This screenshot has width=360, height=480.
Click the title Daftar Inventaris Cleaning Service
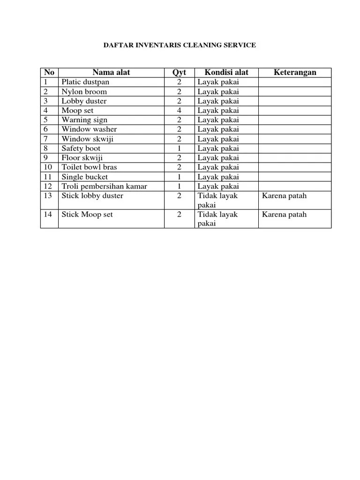tap(180, 45)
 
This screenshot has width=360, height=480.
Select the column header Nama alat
tap(111, 72)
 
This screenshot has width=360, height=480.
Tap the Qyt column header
tap(179, 72)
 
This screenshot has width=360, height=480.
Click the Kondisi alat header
tap(226, 72)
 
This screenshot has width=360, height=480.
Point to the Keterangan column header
tap(295, 72)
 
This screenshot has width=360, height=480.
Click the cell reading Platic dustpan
tap(85, 82)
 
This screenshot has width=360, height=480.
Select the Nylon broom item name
tap(84, 91)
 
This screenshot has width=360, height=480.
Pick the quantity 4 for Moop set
tap(179, 111)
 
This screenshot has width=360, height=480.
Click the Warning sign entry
tap(85, 120)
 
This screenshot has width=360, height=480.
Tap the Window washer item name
tap(89, 129)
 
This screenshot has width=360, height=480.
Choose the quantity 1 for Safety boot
tap(179, 149)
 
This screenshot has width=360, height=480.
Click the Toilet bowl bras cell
tap(90, 167)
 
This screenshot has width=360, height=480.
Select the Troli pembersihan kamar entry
tap(104, 187)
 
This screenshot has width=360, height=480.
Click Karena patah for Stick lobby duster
tap(284, 196)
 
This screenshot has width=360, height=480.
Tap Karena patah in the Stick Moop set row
tap(284, 215)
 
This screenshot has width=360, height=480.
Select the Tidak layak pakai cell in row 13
tap(218, 200)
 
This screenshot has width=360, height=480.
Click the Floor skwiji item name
tap(82, 158)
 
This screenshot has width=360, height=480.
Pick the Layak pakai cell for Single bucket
tap(218, 177)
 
